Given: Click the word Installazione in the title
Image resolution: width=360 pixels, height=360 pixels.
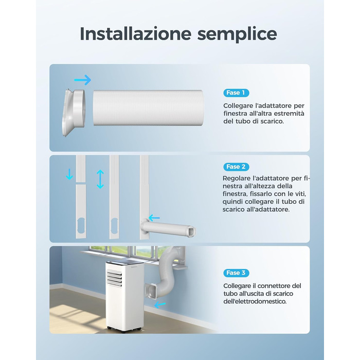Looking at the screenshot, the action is (135, 34).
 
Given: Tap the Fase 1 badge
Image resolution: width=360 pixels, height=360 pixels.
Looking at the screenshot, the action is (236, 93).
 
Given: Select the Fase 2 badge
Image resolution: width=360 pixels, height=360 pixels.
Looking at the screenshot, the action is (236, 167).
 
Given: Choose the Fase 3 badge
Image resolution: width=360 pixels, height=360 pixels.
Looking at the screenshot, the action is (236, 273).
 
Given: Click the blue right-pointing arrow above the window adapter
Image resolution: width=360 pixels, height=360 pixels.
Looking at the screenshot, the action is (83, 80).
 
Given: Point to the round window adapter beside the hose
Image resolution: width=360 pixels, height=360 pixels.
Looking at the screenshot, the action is (74, 113).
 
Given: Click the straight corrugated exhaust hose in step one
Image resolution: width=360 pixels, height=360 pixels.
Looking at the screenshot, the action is (148, 108).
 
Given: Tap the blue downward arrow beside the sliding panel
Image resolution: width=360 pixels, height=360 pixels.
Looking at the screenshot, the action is (69, 174).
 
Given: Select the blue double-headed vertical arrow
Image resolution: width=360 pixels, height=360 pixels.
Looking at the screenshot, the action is (100, 179).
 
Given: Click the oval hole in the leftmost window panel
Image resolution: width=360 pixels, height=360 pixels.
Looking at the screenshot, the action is (81, 226).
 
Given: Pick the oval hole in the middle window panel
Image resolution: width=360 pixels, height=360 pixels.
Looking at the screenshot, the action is (114, 226).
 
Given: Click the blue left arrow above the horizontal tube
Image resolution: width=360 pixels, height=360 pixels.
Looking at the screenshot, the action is (154, 218).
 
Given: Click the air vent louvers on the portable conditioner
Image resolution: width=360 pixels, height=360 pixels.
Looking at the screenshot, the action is (114, 278).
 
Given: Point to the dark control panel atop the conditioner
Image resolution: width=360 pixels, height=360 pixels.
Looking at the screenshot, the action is (125, 263).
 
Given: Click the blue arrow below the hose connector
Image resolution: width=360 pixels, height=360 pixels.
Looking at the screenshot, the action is (160, 305).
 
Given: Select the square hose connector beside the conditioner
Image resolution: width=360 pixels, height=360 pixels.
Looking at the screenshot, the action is (152, 291).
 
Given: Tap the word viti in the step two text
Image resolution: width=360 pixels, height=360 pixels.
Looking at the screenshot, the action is (300, 194).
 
